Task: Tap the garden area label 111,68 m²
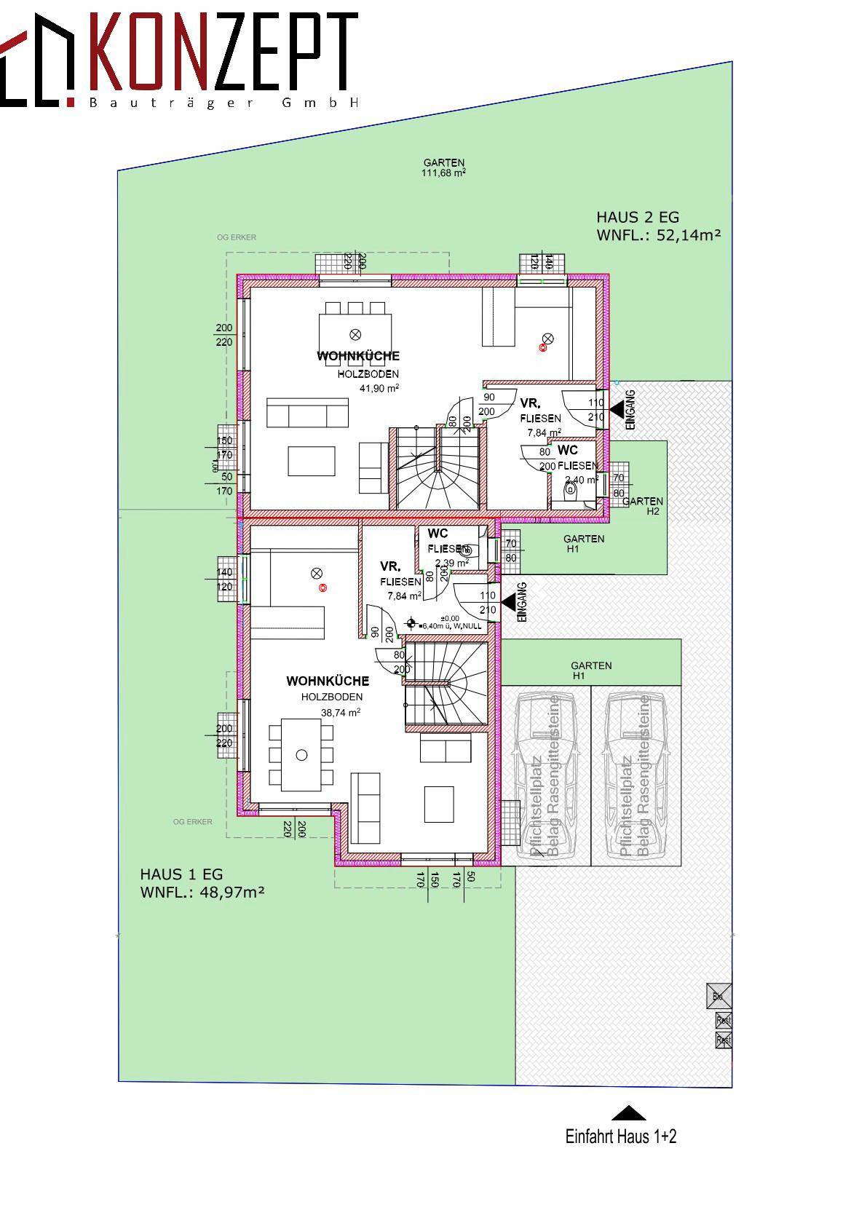tap(443, 173)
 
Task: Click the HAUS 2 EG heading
tap(637, 217)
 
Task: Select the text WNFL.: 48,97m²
tap(202, 892)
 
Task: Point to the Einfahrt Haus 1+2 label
tap(620, 1136)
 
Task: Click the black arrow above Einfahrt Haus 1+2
tap(628, 1113)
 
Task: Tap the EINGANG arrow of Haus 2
tap(617, 411)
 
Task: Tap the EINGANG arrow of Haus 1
tap(507, 602)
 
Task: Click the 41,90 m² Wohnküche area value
tap(379, 388)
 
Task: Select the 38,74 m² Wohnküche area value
tap(341, 713)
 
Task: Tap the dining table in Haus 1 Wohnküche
tap(301, 755)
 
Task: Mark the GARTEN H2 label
tap(644, 506)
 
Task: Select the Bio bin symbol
tap(718, 996)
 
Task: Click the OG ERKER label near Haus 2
tap(237, 237)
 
